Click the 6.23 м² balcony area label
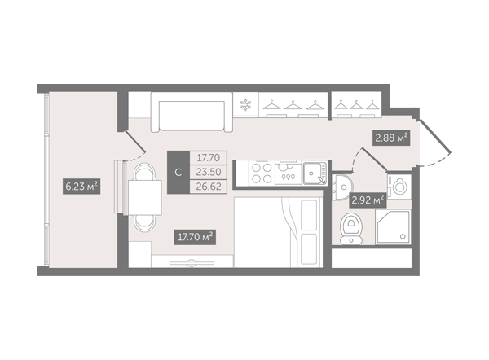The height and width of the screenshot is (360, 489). [81, 187]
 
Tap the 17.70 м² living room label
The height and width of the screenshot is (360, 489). [195, 237]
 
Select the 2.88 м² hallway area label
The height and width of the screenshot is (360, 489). [391, 138]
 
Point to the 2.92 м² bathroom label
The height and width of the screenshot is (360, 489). [368, 200]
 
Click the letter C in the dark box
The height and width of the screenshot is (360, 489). [178, 173]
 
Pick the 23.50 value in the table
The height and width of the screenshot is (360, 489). [209, 172]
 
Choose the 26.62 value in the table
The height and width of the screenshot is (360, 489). [209, 187]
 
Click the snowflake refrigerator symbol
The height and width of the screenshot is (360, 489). [245, 105]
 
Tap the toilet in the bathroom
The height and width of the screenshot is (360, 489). [351, 229]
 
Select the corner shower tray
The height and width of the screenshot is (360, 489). [393, 226]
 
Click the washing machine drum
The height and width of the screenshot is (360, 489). [399, 187]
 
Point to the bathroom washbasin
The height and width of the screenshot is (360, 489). [342, 187]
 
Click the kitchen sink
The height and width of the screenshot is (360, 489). [315, 173]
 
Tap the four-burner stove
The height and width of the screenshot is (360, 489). [262, 173]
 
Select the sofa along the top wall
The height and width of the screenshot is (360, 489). [192, 112]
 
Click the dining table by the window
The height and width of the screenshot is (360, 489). [145, 198]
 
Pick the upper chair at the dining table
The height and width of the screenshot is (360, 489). [144, 171]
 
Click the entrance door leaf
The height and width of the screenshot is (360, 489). [435, 136]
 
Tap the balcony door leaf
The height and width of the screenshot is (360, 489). [134, 142]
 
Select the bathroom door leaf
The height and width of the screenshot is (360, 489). [374, 160]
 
